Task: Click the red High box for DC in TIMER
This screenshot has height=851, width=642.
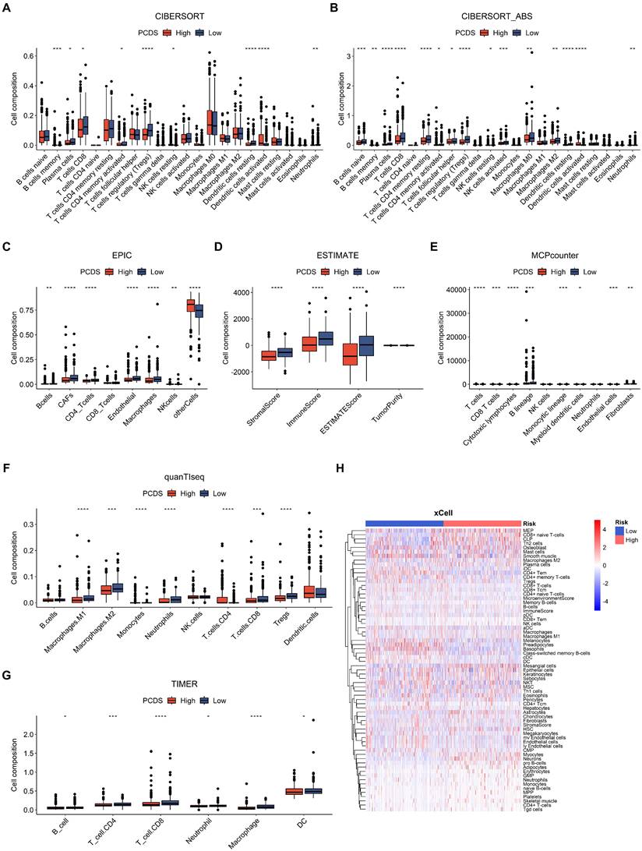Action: click(x=293, y=791)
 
